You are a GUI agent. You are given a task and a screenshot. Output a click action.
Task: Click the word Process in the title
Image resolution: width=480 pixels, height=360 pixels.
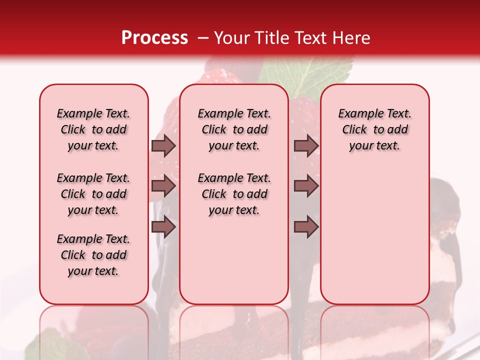point(154,38)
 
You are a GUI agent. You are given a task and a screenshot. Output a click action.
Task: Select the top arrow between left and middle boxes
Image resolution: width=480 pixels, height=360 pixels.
point(163,145)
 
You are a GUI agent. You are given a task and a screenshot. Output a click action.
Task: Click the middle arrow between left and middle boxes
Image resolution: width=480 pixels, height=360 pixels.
point(163,186)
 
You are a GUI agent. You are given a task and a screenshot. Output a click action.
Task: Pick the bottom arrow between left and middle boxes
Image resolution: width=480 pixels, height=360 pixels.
point(163,227)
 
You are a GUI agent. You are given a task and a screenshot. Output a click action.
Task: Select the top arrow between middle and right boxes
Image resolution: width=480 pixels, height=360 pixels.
point(306,145)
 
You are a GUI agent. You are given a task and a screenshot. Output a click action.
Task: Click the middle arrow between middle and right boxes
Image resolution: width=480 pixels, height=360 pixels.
point(306,186)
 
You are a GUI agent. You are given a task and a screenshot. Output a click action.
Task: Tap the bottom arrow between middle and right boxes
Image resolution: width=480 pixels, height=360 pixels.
point(306,227)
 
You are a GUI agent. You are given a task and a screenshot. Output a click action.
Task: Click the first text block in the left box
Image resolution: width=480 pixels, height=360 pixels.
point(93,129)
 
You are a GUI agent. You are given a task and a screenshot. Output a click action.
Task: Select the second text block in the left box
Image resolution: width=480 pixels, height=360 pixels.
point(93,194)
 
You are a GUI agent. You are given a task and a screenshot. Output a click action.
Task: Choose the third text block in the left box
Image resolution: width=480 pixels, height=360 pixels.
point(93,255)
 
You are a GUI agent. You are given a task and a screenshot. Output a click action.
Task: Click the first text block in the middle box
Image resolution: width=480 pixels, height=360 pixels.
point(234,129)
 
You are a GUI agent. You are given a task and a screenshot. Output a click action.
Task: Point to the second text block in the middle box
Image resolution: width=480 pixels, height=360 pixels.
point(234,194)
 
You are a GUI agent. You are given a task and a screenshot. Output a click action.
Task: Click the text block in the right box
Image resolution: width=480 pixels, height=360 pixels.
point(374,129)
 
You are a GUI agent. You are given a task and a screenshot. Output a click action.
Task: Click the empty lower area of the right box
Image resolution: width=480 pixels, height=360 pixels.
point(374,240)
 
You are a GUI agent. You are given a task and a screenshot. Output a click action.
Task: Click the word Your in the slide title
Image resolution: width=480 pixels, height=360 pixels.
point(232,38)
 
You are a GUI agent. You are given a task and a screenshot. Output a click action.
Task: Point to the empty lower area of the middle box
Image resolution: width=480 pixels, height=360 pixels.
point(234,260)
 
